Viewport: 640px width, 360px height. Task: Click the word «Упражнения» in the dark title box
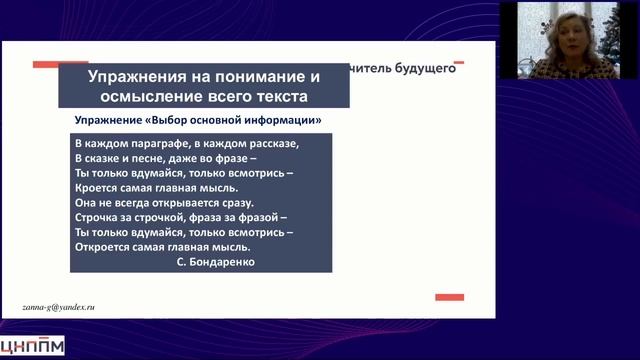coord(131,77)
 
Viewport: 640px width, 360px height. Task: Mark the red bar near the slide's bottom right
coord(449,297)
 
